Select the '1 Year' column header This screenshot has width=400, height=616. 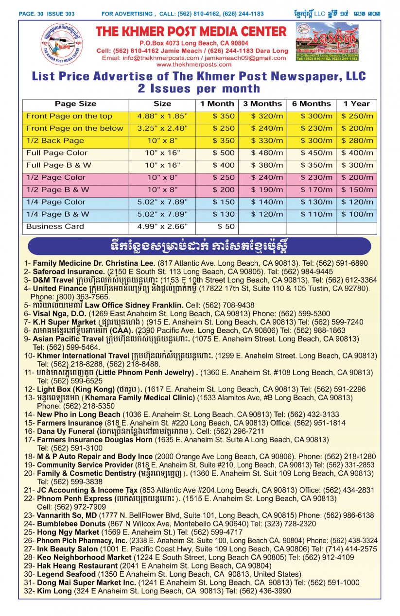point(356,103)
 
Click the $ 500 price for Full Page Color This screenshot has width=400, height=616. point(223,153)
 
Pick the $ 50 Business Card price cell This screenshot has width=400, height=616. point(226,226)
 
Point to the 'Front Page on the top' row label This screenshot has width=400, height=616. point(69,116)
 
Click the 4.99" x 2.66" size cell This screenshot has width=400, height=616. point(162,226)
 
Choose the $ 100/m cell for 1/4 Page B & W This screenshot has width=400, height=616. point(357,214)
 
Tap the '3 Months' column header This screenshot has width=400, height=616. point(262,103)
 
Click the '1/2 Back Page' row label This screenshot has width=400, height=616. point(55,140)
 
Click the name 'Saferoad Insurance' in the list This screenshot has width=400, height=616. point(69,272)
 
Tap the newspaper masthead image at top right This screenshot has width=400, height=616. point(327,41)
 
